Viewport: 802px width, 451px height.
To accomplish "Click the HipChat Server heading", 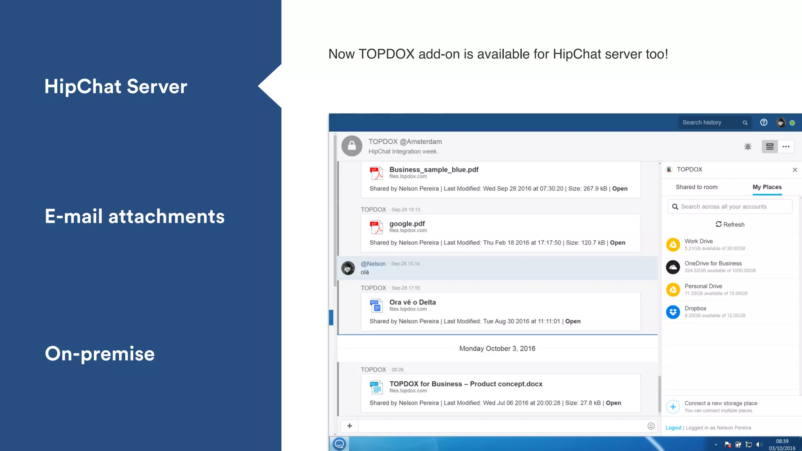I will click(x=116, y=87).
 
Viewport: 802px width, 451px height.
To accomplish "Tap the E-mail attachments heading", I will click(x=134, y=216).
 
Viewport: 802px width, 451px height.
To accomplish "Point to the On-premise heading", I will click(x=100, y=354).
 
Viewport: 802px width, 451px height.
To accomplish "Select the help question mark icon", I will click(x=764, y=123).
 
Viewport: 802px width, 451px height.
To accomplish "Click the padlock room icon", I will click(x=352, y=146).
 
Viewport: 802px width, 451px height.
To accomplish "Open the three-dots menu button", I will click(x=786, y=147).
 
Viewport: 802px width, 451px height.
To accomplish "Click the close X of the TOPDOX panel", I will click(x=795, y=170).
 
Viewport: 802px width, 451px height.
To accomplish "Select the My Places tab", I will click(x=767, y=187).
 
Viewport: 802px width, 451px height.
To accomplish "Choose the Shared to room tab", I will click(x=696, y=187).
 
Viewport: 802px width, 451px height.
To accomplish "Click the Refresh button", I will click(x=730, y=224).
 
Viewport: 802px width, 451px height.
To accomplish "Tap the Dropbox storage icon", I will click(x=673, y=312).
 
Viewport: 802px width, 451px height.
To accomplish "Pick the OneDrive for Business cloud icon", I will click(x=673, y=267).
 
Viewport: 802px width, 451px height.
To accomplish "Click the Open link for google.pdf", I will click(x=617, y=243).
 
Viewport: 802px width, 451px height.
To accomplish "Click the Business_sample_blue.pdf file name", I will click(x=434, y=170).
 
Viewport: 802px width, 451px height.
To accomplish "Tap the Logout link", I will click(x=673, y=428).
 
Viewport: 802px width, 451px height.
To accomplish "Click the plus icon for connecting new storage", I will click(x=673, y=407).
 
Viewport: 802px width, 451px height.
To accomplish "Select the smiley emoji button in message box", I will click(x=651, y=426).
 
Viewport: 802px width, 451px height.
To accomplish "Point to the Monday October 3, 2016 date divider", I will click(x=497, y=348).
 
